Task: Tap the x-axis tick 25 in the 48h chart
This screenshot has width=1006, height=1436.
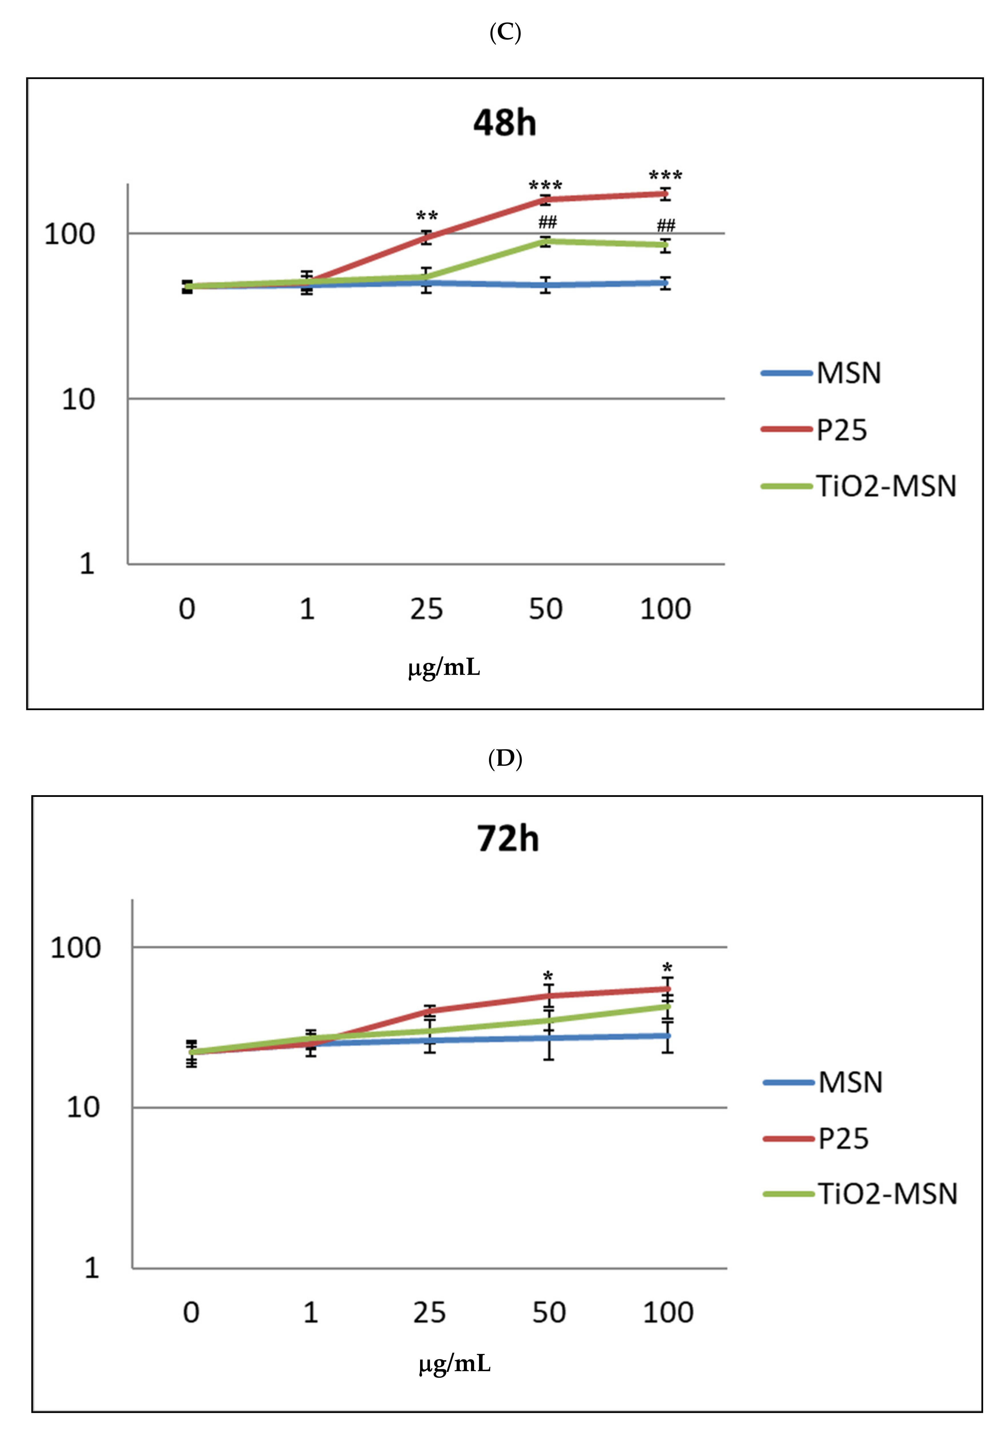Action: (426, 609)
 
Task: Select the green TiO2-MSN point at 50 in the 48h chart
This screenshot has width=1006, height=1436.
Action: (546, 242)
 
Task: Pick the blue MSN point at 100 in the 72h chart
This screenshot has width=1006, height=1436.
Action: (668, 1036)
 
